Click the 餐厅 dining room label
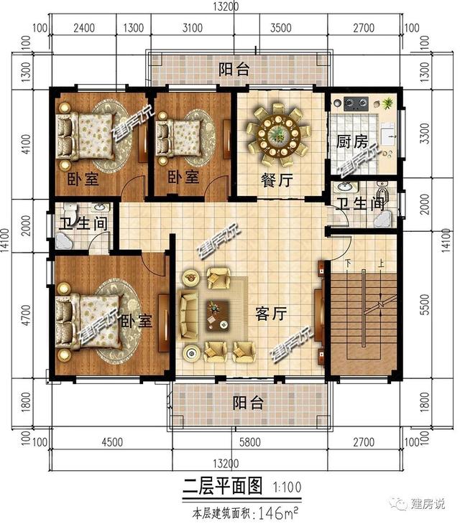[x=277, y=180]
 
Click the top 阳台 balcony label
[x=234, y=69]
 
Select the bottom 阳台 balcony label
[x=248, y=403]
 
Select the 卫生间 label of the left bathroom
[x=83, y=223]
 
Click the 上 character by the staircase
[x=380, y=263]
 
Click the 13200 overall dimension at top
[x=227, y=7]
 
